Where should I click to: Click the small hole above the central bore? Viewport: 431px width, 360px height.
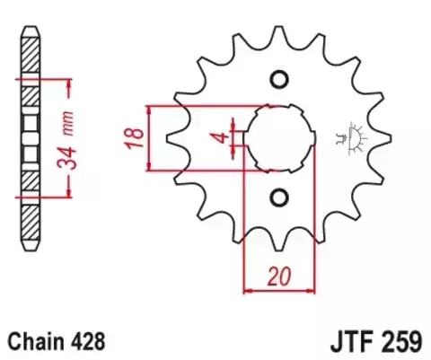click(x=278, y=78)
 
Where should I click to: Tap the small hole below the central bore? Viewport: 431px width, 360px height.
click(x=278, y=198)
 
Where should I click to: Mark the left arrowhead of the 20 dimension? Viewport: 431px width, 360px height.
click(x=248, y=290)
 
